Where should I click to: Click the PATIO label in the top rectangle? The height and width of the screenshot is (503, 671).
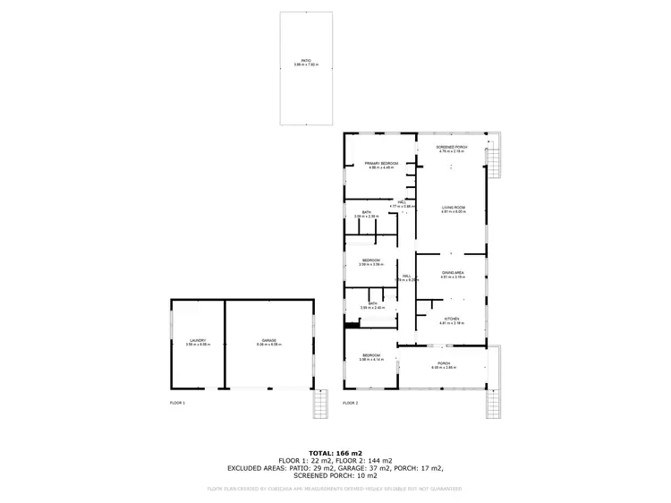pyautogui.click(x=306, y=61)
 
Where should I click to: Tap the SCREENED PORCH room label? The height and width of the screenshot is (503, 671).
pyautogui.click(x=452, y=147)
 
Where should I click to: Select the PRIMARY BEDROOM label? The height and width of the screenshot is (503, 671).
pyautogui.click(x=381, y=163)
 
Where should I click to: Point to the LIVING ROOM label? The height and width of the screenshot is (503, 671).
pyautogui.click(x=452, y=208)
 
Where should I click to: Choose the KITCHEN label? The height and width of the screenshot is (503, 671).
pyautogui.click(x=452, y=319)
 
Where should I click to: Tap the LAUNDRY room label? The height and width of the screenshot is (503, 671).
pyautogui.click(x=197, y=340)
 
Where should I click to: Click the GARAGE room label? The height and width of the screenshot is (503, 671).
pyautogui.click(x=269, y=340)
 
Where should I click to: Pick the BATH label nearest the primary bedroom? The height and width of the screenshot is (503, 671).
pyautogui.click(x=365, y=213)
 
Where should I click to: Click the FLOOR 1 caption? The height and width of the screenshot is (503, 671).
pyautogui.click(x=177, y=404)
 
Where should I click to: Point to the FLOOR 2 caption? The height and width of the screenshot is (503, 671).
pyautogui.click(x=350, y=404)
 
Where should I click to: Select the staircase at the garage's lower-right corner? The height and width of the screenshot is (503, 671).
pyautogui.click(x=319, y=407)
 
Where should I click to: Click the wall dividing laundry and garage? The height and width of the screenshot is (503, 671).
pyautogui.click(x=224, y=344)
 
